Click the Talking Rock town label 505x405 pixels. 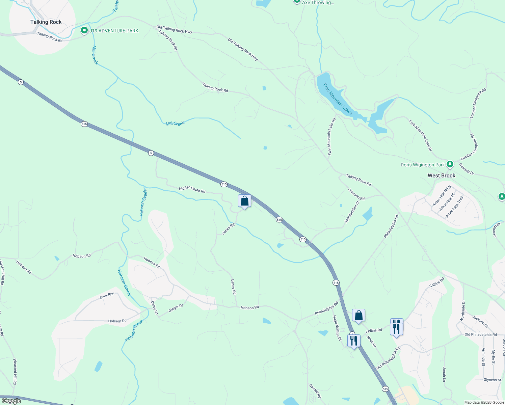point(46,22)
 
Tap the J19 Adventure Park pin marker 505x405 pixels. point(84,31)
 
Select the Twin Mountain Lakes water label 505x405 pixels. point(338,99)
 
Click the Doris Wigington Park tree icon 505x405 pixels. point(450,164)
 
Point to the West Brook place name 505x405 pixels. point(441,175)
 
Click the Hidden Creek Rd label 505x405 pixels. point(192,189)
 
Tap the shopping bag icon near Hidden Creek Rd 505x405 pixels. point(244,201)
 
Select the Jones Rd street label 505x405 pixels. point(228,229)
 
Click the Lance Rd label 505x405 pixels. point(233,287)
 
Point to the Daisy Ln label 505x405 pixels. point(154,307)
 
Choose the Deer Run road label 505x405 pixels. point(107,296)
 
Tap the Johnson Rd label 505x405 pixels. point(356,194)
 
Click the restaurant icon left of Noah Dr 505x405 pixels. point(353,341)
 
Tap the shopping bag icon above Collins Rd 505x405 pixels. point(358,316)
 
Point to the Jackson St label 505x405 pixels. point(480,321)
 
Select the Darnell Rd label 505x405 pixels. point(315,390)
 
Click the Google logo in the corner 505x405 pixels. point(11,401)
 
